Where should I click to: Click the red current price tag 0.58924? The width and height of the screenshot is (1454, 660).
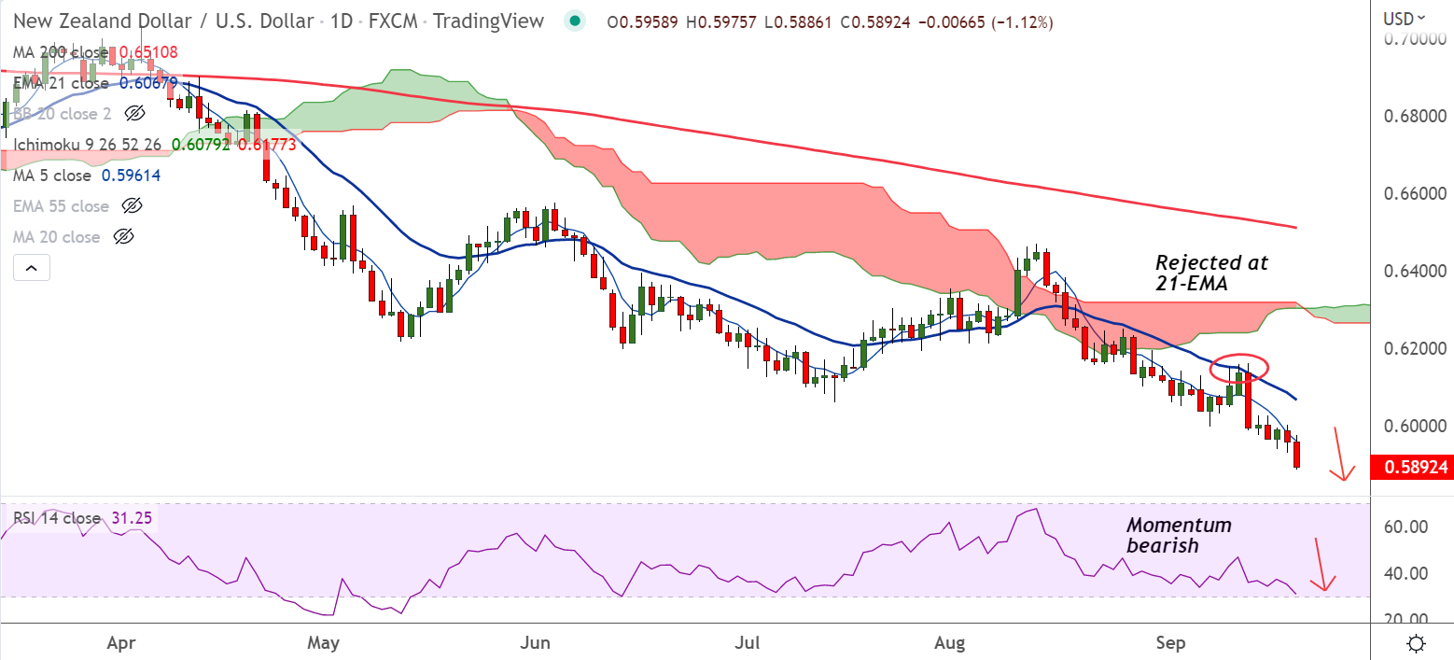tap(1411, 467)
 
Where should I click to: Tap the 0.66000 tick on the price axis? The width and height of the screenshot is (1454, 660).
tap(1411, 194)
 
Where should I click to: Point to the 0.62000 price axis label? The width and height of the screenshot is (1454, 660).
tap(1411, 348)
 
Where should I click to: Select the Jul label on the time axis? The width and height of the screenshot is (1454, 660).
tap(748, 643)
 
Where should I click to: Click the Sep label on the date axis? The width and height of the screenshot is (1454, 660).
tap(1170, 643)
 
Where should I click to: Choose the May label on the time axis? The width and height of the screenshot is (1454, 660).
tap(323, 643)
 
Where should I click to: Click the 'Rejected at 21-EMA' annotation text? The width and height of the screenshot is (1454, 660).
tap(1212, 274)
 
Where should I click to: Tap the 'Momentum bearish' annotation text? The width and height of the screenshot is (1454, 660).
tap(1179, 535)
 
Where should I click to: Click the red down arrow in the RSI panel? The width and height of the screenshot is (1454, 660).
tap(1323, 566)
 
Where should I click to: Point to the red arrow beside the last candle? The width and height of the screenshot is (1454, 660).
tap(1341, 455)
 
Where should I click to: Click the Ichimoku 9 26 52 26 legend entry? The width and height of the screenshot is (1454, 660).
tap(86, 145)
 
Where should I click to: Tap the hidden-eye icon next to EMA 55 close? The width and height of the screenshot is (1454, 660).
tap(133, 206)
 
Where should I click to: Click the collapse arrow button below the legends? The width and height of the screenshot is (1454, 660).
tap(31, 269)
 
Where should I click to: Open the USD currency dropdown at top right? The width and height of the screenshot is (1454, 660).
tap(1404, 18)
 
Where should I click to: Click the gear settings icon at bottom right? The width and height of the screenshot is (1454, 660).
tap(1417, 643)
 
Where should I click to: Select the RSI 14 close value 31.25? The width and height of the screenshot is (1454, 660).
tap(136, 518)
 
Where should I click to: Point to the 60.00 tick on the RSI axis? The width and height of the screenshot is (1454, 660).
tap(1405, 527)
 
